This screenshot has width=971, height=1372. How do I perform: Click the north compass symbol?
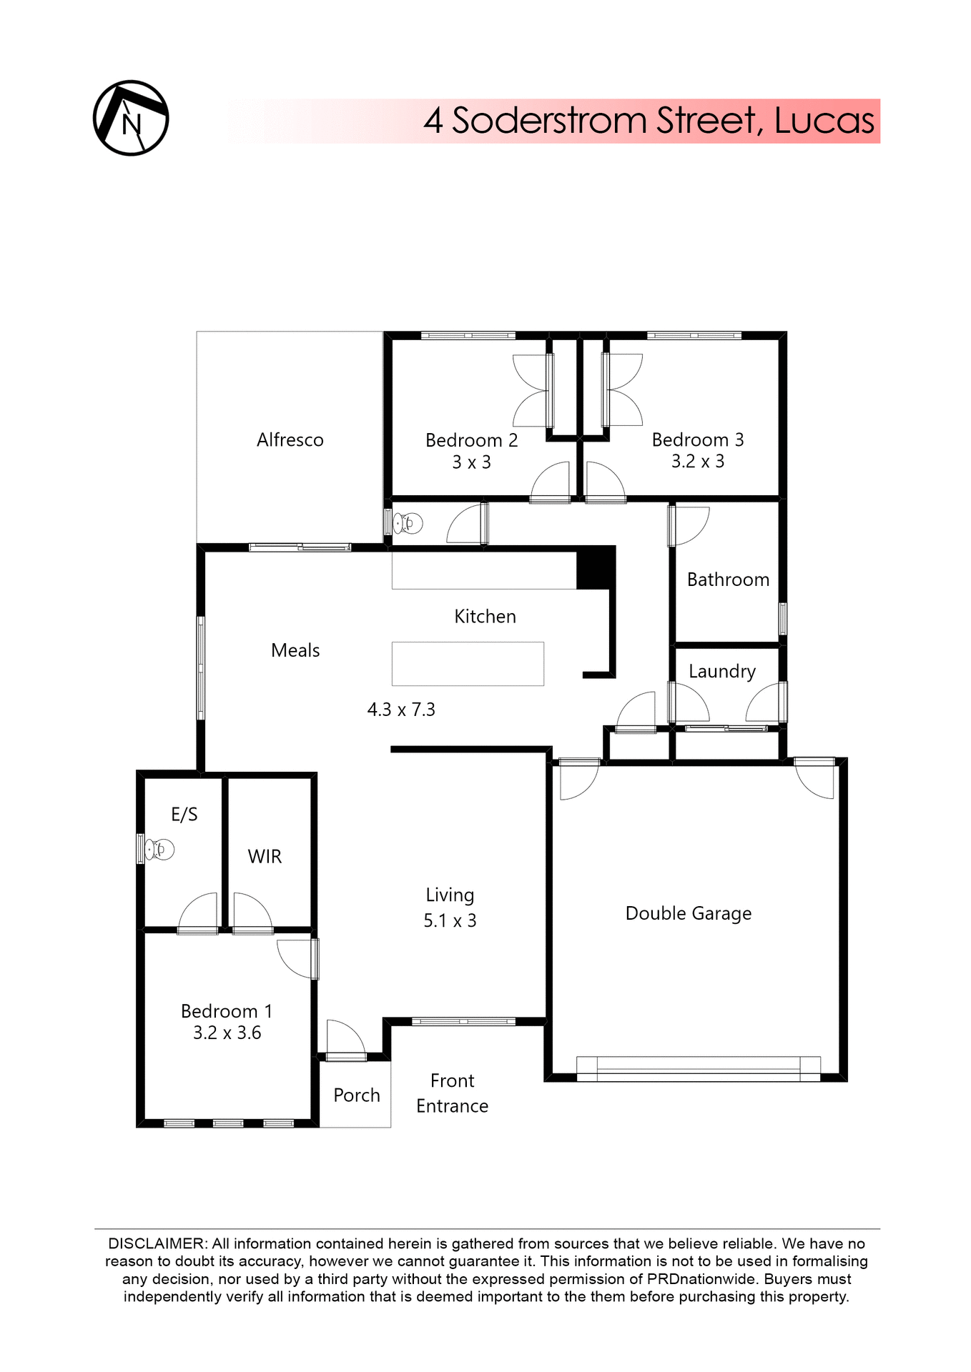coord(131,118)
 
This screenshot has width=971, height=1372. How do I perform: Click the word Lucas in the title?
coord(824,121)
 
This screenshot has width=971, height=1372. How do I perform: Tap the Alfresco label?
coord(290,440)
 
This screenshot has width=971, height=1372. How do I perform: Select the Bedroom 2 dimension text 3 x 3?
coord(471,462)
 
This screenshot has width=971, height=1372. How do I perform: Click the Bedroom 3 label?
coord(697,439)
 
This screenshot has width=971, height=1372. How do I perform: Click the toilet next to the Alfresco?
coord(408,524)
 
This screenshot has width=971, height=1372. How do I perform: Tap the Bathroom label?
coord(728,580)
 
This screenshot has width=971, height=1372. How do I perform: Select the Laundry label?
coord(721,671)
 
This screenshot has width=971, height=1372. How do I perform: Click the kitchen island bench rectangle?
coord(468,664)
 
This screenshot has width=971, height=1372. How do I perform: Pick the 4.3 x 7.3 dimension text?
coord(401,710)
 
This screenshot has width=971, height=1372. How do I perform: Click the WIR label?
coord(265,856)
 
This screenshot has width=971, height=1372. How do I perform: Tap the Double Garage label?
coord(688,913)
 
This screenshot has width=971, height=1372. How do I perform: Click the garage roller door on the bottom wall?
coord(698,1068)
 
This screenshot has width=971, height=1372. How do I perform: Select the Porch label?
coord(356,1095)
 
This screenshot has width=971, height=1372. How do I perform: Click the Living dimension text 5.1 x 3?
coord(450,920)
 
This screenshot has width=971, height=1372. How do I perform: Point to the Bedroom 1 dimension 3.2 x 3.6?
coord(227,1033)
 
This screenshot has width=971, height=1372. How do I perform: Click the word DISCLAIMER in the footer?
coord(157,1244)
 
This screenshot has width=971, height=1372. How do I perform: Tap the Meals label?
coord(295,650)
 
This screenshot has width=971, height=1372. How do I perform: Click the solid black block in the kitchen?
coord(595,568)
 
